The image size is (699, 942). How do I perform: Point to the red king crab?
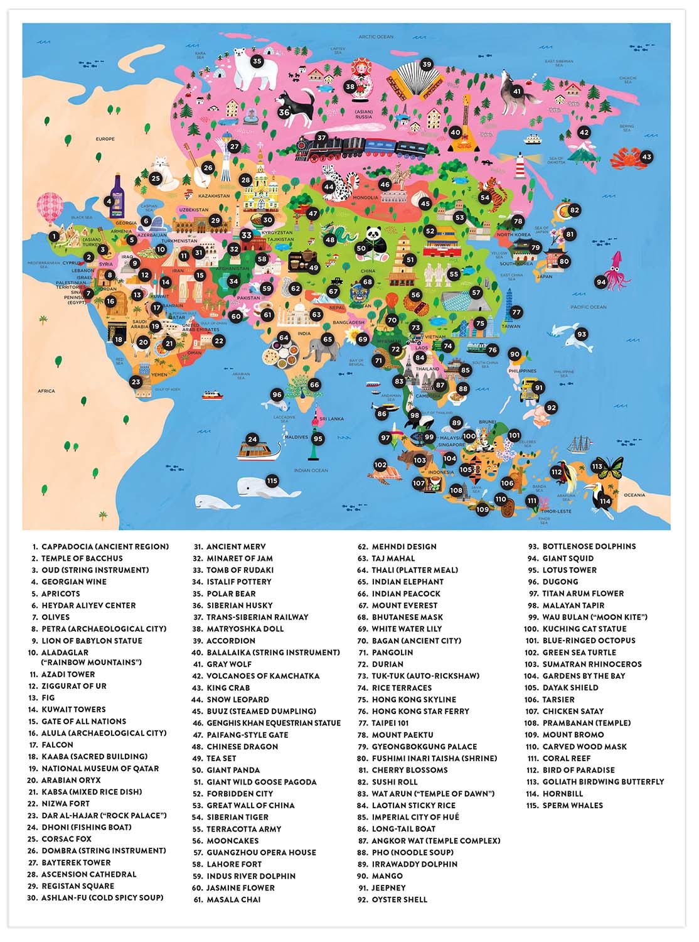[628, 158]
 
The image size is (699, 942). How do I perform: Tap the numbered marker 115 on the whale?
[271, 481]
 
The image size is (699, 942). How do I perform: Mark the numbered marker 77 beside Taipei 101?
[516, 312]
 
